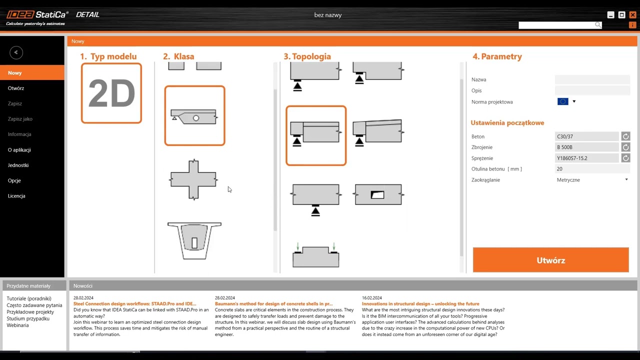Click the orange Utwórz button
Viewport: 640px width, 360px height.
550,259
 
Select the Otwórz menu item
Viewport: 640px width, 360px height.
16,88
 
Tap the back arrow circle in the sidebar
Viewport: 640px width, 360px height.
16,52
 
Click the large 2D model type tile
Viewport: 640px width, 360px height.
111,93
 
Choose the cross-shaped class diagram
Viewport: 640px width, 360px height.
193,179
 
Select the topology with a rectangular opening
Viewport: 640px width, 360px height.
378,194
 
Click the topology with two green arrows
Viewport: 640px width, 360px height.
315,255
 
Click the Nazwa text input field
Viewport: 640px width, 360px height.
592,79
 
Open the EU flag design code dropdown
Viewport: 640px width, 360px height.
566,101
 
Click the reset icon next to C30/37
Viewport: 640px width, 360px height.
625,136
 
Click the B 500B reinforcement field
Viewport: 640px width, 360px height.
586,147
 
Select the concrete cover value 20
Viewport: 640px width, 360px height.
592,169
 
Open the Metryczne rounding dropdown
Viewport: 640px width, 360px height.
592,179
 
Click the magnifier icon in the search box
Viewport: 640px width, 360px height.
597,25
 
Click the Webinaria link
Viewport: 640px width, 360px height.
17,325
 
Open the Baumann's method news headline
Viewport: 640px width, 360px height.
273,303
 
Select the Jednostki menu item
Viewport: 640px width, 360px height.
18,165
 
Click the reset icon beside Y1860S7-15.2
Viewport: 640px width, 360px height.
625,158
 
